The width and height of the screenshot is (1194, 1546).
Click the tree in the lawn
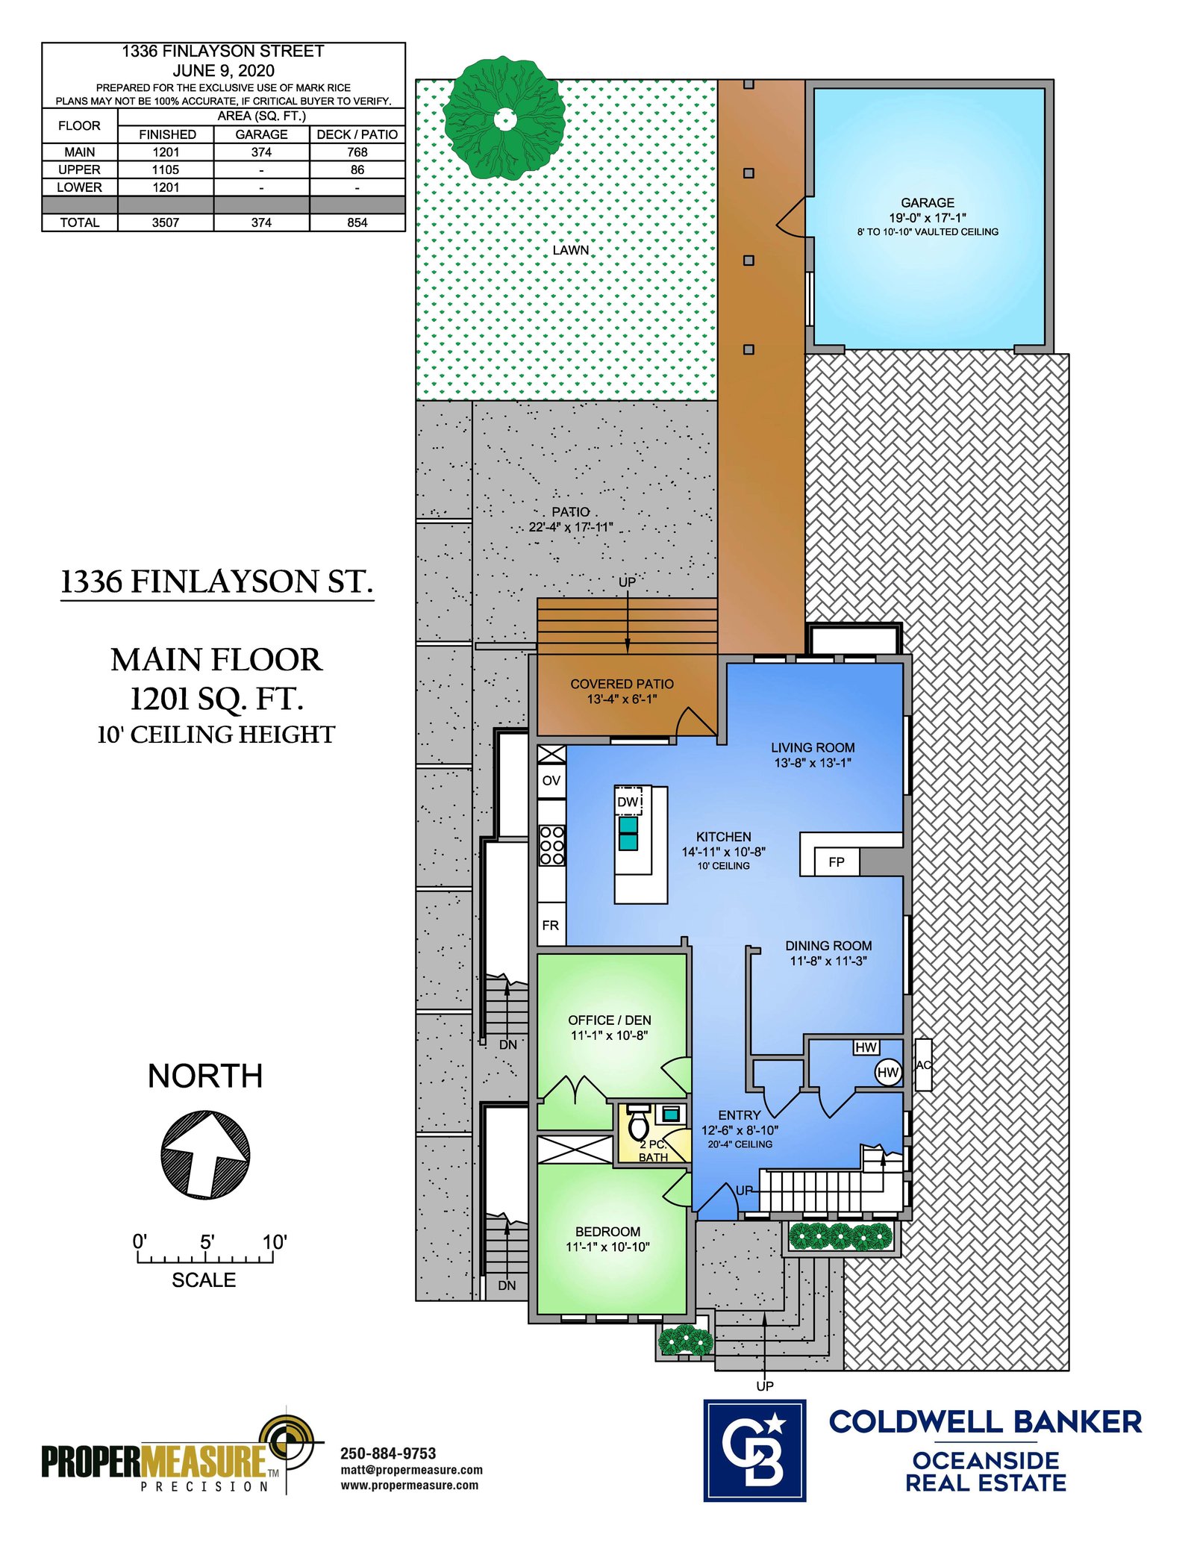tap(504, 118)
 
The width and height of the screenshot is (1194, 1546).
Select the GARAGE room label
tap(927, 202)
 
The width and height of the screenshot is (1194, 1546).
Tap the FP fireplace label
tap(836, 861)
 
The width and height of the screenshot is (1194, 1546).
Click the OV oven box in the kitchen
tap(551, 780)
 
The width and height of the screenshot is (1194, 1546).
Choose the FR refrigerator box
tap(551, 925)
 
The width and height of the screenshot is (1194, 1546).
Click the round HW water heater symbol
tap(887, 1073)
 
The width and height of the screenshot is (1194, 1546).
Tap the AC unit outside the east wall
tap(923, 1065)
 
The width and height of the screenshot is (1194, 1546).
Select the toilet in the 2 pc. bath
tap(638, 1121)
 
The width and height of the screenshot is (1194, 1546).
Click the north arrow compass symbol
tap(205, 1155)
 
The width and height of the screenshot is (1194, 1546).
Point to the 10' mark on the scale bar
tap(274, 1242)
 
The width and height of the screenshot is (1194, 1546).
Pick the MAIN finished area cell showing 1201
tap(166, 152)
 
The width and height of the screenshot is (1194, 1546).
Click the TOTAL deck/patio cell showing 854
tap(357, 222)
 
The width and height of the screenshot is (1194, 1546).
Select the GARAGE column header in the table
tap(261, 134)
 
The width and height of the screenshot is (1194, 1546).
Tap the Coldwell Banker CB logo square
tap(754, 1450)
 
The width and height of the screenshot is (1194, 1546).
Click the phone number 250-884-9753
tap(388, 1453)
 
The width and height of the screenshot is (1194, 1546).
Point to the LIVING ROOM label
tap(813, 747)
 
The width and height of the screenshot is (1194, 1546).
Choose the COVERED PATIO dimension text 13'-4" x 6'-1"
tap(622, 699)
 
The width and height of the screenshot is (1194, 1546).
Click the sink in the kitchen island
tap(628, 833)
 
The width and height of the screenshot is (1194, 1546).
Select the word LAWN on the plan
tap(571, 250)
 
